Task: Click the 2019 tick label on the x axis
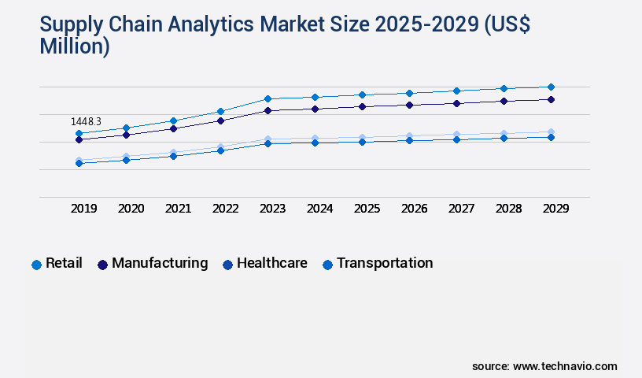click(x=84, y=209)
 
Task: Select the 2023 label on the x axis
click(x=272, y=209)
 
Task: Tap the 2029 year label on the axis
click(x=555, y=209)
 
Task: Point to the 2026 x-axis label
click(x=414, y=209)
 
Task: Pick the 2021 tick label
click(x=178, y=209)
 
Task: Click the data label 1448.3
click(x=86, y=122)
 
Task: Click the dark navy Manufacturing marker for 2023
click(x=267, y=110)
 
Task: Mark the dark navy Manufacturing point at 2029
click(x=551, y=99)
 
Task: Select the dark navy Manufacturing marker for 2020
click(x=126, y=135)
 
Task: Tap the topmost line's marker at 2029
click(x=551, y=87)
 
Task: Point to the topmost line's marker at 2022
click(x=220, y=111)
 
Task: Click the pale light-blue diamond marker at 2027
click(x=456, y=135)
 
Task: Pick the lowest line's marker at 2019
click(x=79, y=163)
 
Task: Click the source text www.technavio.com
click(x=565, y=366)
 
